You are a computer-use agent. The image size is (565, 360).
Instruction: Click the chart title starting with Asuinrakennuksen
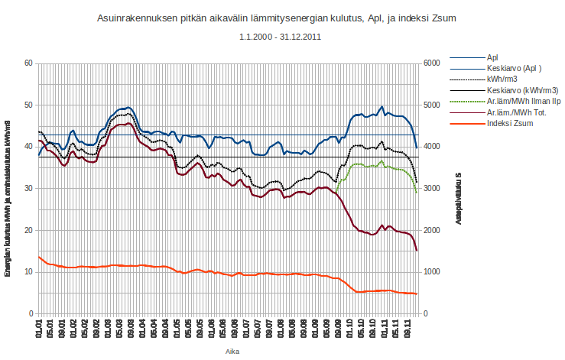pyautogui.click(x=281, y=18)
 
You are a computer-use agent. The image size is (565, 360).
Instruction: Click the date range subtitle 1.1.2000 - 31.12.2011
pyautogui.click(x=281, y=37)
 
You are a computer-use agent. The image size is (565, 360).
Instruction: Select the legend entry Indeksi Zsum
pyautogui.click(x=510, y=123)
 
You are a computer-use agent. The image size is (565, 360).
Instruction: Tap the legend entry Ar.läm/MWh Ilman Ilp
pyautogui.click(x=523, y=101)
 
